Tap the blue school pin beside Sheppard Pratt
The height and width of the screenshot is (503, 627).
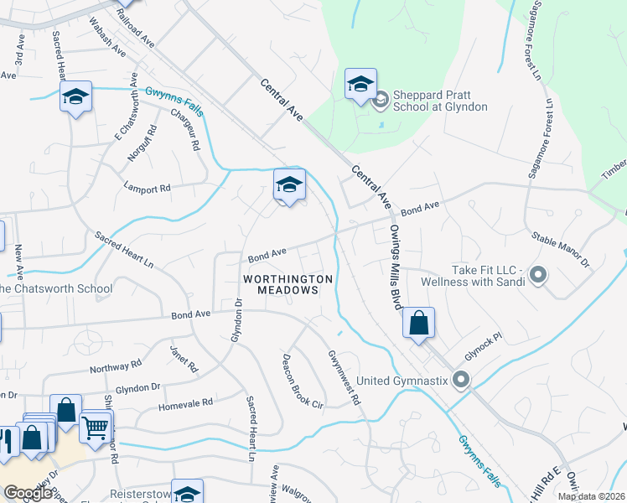point(360,85)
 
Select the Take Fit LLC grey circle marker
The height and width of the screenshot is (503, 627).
point(538,274)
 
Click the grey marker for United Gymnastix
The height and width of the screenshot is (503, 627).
point(460,381)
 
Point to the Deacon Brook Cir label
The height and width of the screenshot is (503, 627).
point(301,377)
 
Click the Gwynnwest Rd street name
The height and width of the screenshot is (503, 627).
point(344,378)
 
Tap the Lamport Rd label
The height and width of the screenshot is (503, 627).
point(147,188)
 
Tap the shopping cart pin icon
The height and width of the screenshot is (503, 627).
point(96,428)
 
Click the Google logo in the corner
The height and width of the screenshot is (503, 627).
point(28,493)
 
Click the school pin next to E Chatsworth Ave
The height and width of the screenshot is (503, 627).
point(75,97)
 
